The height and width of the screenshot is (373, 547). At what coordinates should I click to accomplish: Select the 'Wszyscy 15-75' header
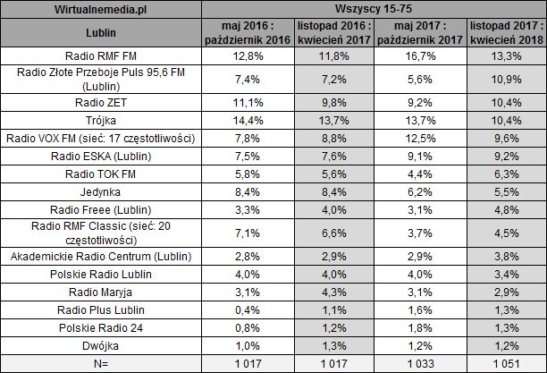point(373,8)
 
